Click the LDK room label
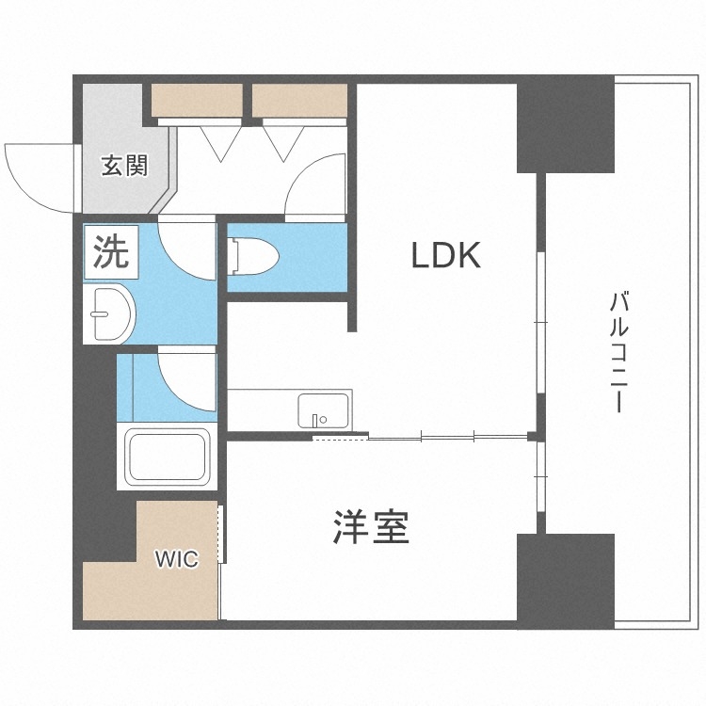coord(446,255)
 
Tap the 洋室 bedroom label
coord(371,528)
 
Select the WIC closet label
coord(176,559)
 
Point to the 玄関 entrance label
coord(124,167)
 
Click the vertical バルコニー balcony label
coord(618,353)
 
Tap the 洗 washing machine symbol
coord(111,250)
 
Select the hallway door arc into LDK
coord(315,186)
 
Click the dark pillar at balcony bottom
coord(565,578)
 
